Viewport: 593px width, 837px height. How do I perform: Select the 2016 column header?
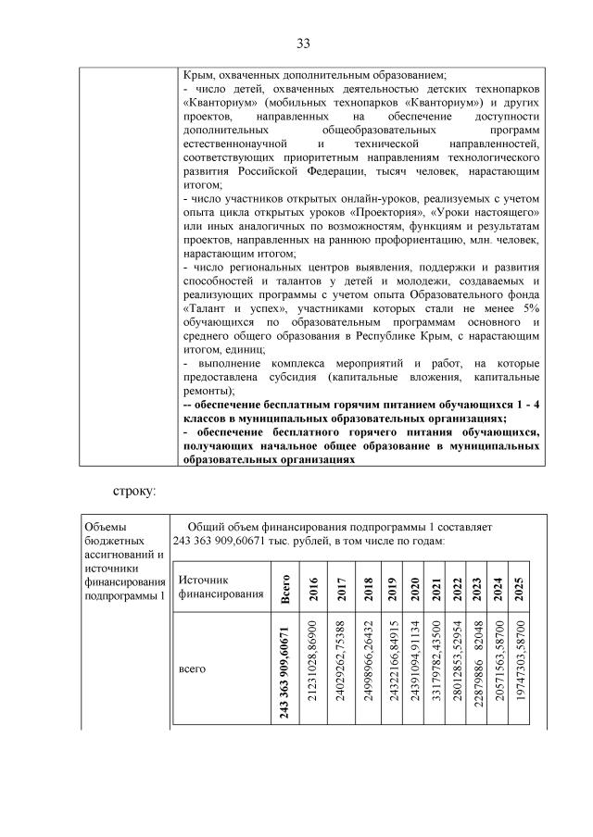(x=316, y=587)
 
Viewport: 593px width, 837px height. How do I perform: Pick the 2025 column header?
(x=520, y=587)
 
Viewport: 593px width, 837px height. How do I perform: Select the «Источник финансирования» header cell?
(x=214, y=586)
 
